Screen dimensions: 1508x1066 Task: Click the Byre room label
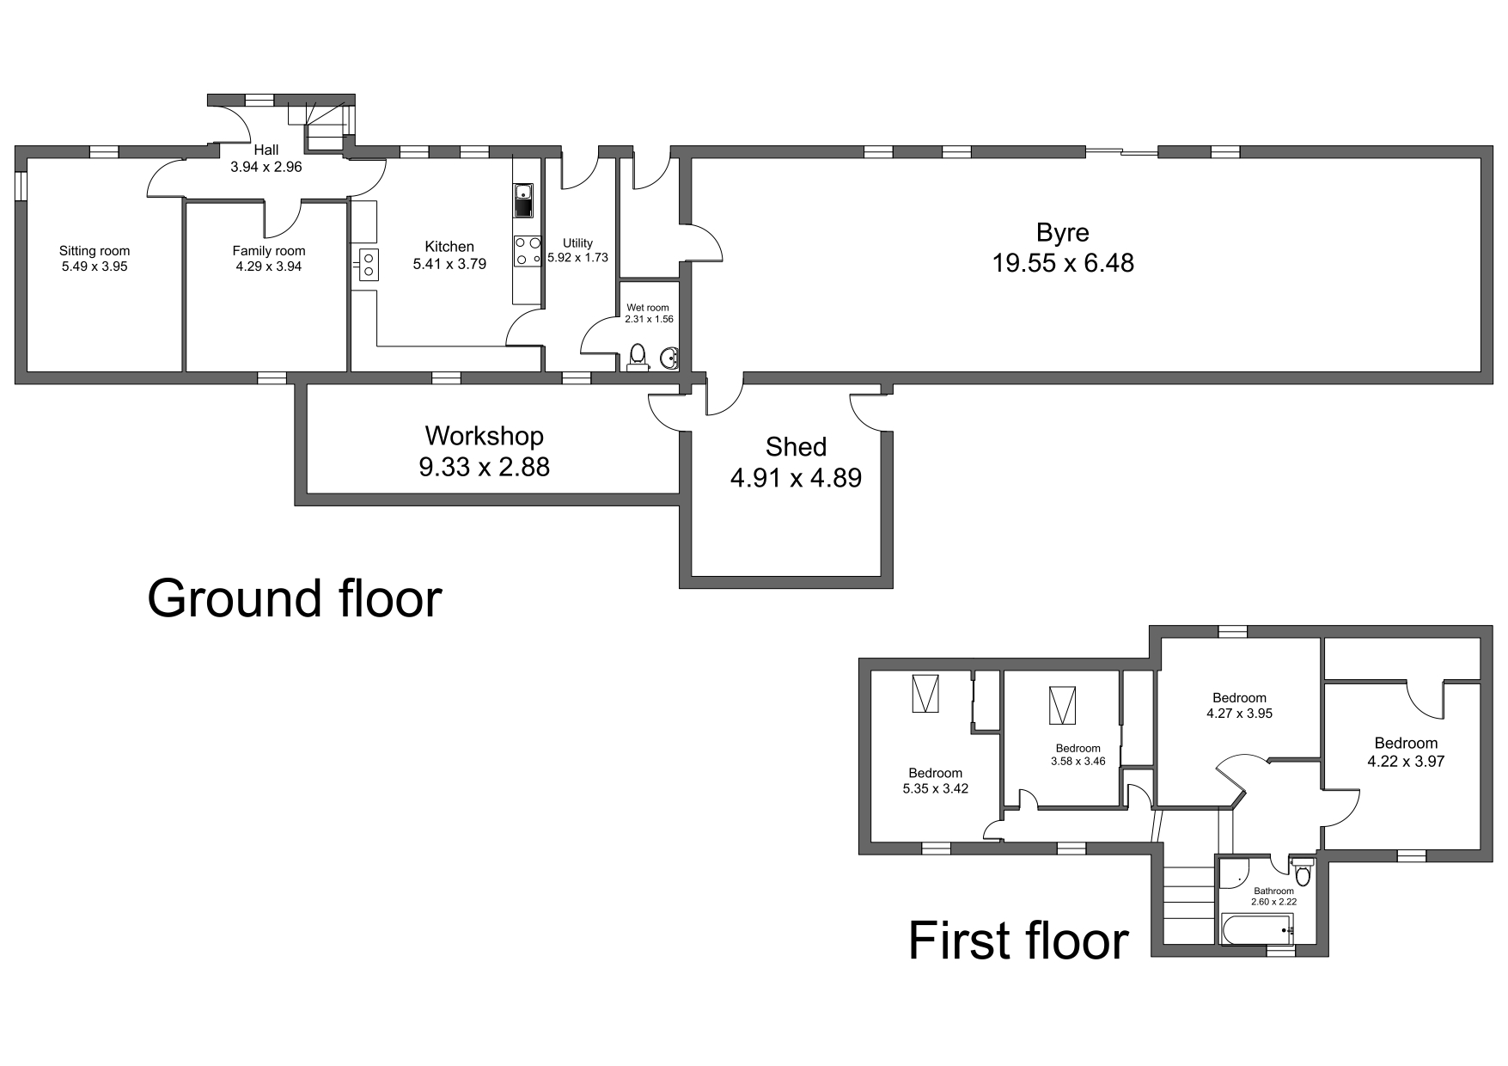coord(1063,233)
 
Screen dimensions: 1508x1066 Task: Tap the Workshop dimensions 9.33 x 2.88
coord(484,467)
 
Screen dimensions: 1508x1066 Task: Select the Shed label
coord(796,447)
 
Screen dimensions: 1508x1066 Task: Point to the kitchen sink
coord(523,200)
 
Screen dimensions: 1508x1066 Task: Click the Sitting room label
coord(95,251)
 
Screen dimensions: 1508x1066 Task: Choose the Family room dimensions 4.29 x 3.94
coord(269,266)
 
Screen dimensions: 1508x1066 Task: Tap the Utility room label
coord(577,243)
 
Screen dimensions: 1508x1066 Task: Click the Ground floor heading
coord(294,598)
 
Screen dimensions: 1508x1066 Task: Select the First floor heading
coord(1018,940)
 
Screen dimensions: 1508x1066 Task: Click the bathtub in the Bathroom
coord(1257,929)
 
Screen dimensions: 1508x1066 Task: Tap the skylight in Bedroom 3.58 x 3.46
coord(1062,706)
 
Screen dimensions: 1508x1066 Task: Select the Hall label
coord(266,150)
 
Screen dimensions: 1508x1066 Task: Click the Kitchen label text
coord(449,247)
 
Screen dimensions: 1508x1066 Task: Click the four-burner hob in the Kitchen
coord(527,250)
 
